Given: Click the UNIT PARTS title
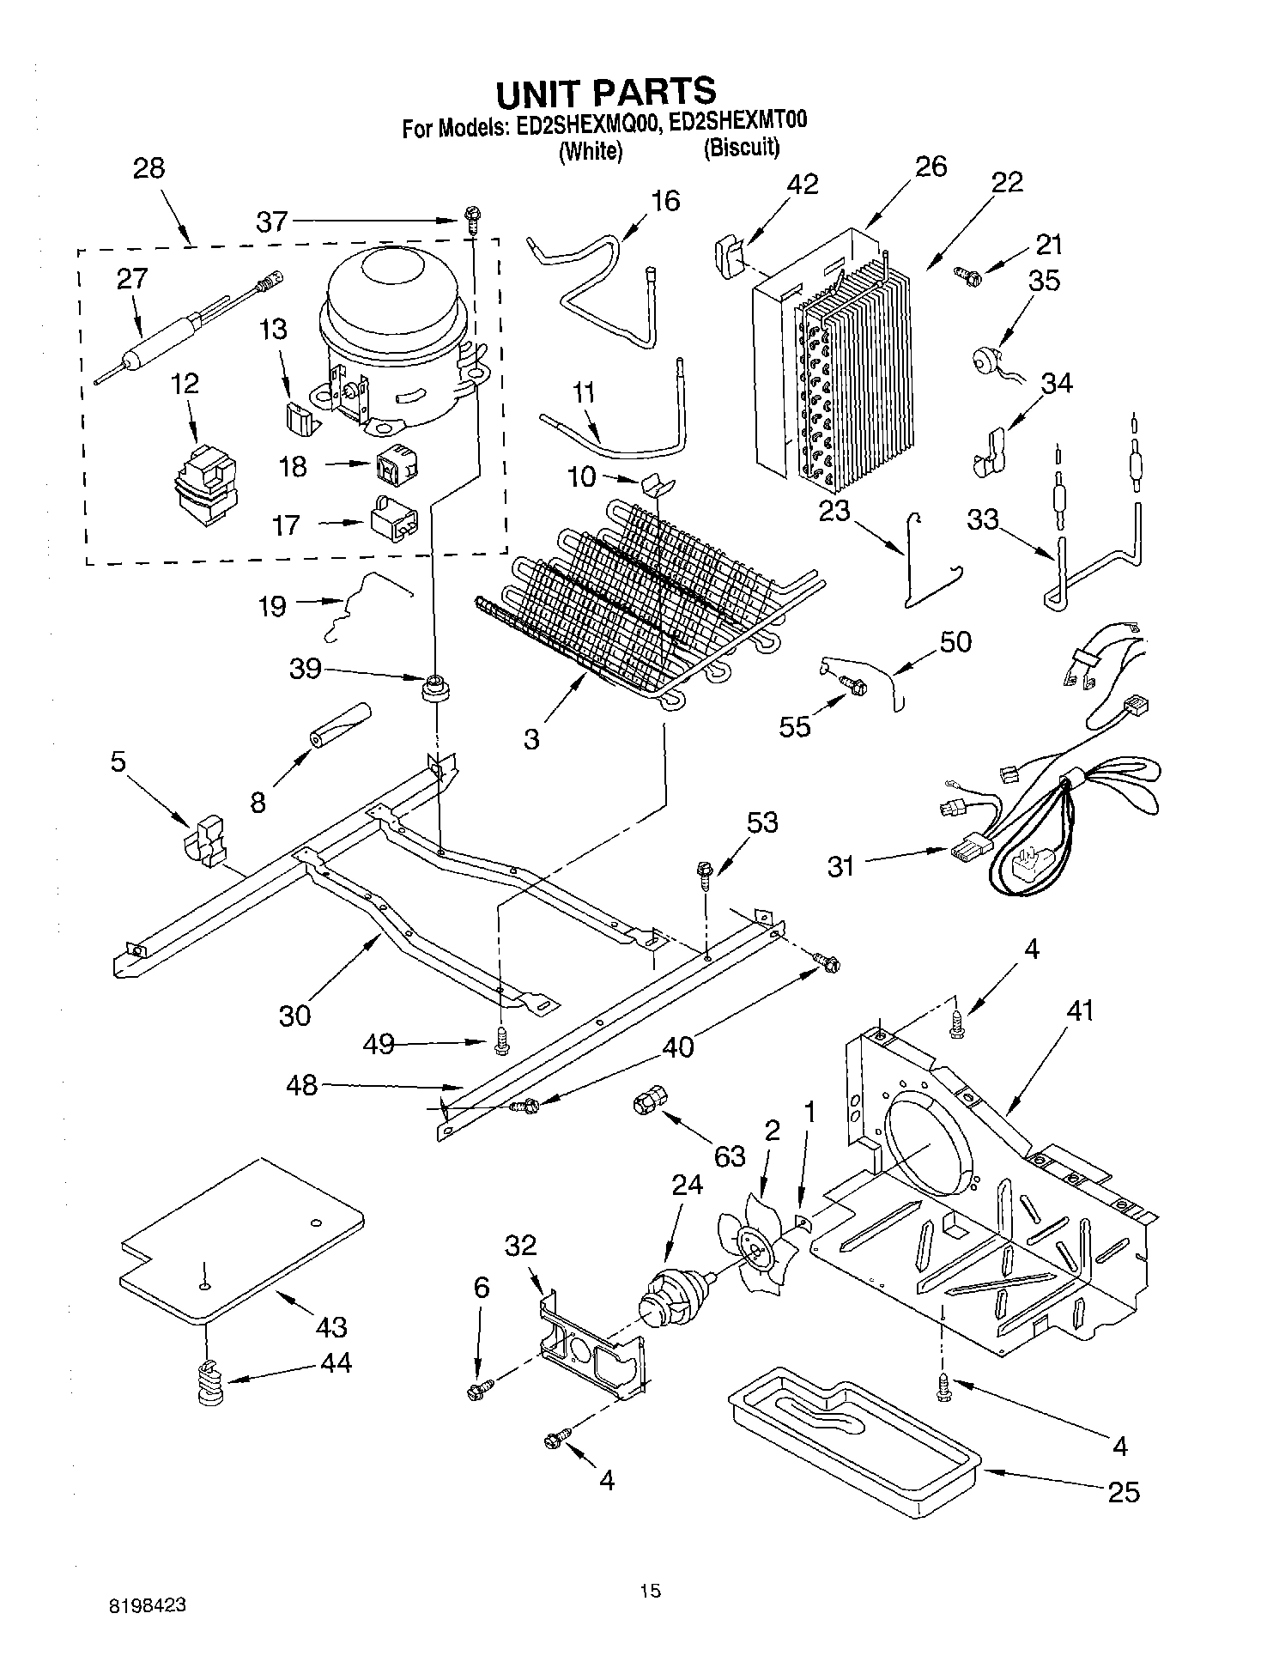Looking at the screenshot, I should [x=605, y=91].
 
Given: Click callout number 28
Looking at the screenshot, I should [x=149, y=167].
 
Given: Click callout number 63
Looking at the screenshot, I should [x=730, y=1155].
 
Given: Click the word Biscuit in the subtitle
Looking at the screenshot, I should [x=742, y=148].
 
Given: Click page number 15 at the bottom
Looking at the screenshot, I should [x=650, y=1590].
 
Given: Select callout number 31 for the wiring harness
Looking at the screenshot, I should [x=840, y=865].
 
